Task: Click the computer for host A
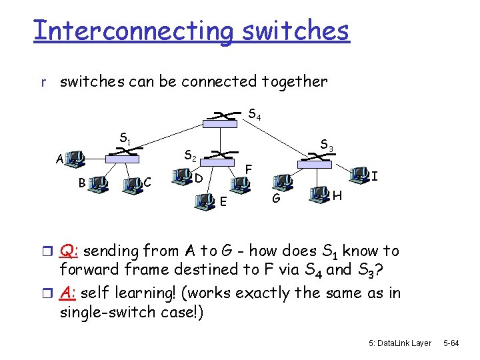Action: tap(76, 159)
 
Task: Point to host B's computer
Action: tap(101, 182)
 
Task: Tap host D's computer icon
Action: tap(181, 176)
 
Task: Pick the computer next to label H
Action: tap(319, 194)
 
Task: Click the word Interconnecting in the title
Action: tap(133, 31)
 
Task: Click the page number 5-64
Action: tap(452, 343)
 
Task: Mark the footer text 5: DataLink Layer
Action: tap(400, 343)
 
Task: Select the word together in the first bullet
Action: tap(295, 82)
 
